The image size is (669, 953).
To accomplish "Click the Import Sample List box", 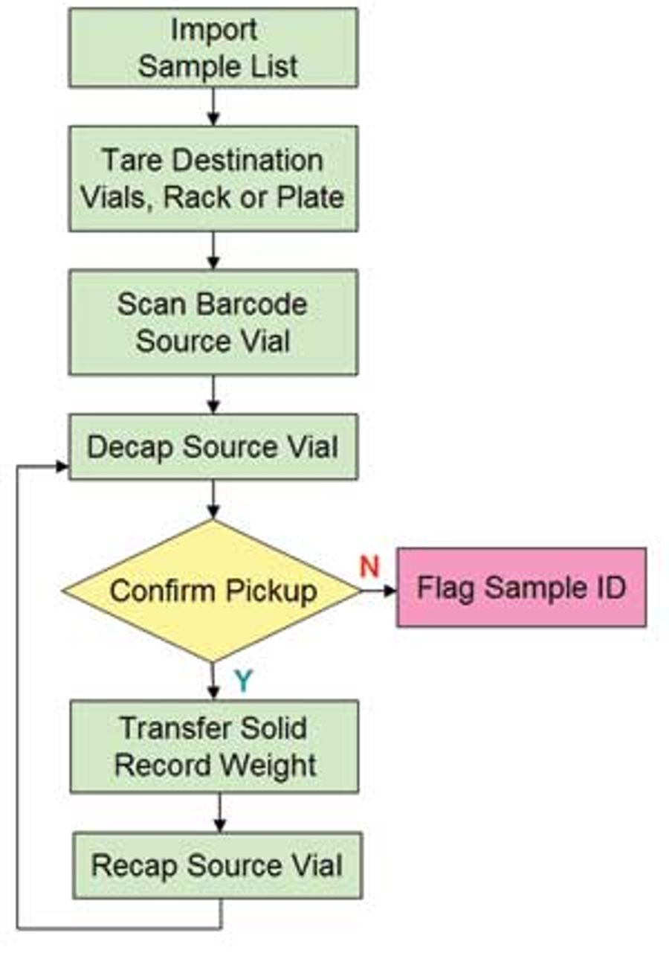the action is (213, 48).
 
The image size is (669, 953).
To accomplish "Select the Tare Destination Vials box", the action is (213, 179).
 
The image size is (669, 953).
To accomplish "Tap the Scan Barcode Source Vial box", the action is (213, 322).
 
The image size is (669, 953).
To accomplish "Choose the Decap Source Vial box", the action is (213, 446).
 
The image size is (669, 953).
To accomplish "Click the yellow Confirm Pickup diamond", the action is (212, 591).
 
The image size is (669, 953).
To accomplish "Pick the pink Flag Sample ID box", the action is (522, 588).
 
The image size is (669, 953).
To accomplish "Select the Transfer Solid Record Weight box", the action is (214, 746).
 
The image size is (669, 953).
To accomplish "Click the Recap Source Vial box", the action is (218, 865).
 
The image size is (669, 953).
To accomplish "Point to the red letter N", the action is (369, 566).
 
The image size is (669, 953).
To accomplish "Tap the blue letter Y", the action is (244, 680).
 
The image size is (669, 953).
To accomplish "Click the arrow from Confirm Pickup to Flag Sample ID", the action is (378, 591).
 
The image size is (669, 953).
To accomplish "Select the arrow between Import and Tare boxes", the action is (213, 107).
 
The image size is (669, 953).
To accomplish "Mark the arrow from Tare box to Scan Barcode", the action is (213, 251).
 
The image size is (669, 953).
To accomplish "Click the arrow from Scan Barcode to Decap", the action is (213, 394).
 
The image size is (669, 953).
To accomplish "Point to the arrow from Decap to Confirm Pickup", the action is (213, 500).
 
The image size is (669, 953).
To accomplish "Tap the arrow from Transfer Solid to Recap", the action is (220, 812).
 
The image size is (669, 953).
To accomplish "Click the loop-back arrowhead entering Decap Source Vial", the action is (62, 466).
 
